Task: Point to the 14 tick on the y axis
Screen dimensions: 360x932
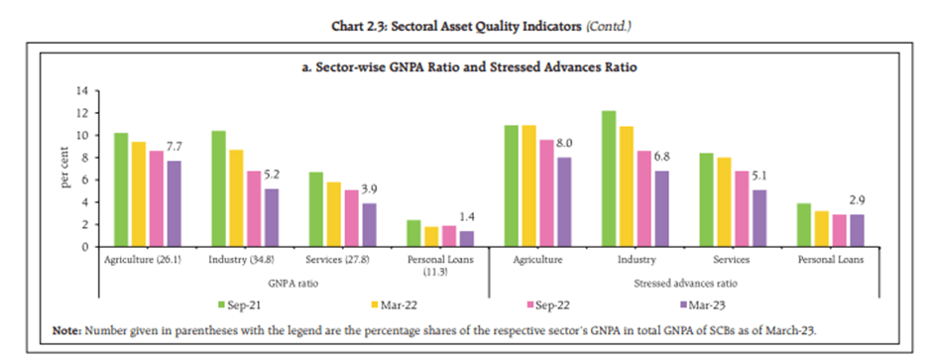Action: (82, 90)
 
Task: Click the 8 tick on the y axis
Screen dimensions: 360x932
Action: (85, 157)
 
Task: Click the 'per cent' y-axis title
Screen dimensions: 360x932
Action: (64, 169)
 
